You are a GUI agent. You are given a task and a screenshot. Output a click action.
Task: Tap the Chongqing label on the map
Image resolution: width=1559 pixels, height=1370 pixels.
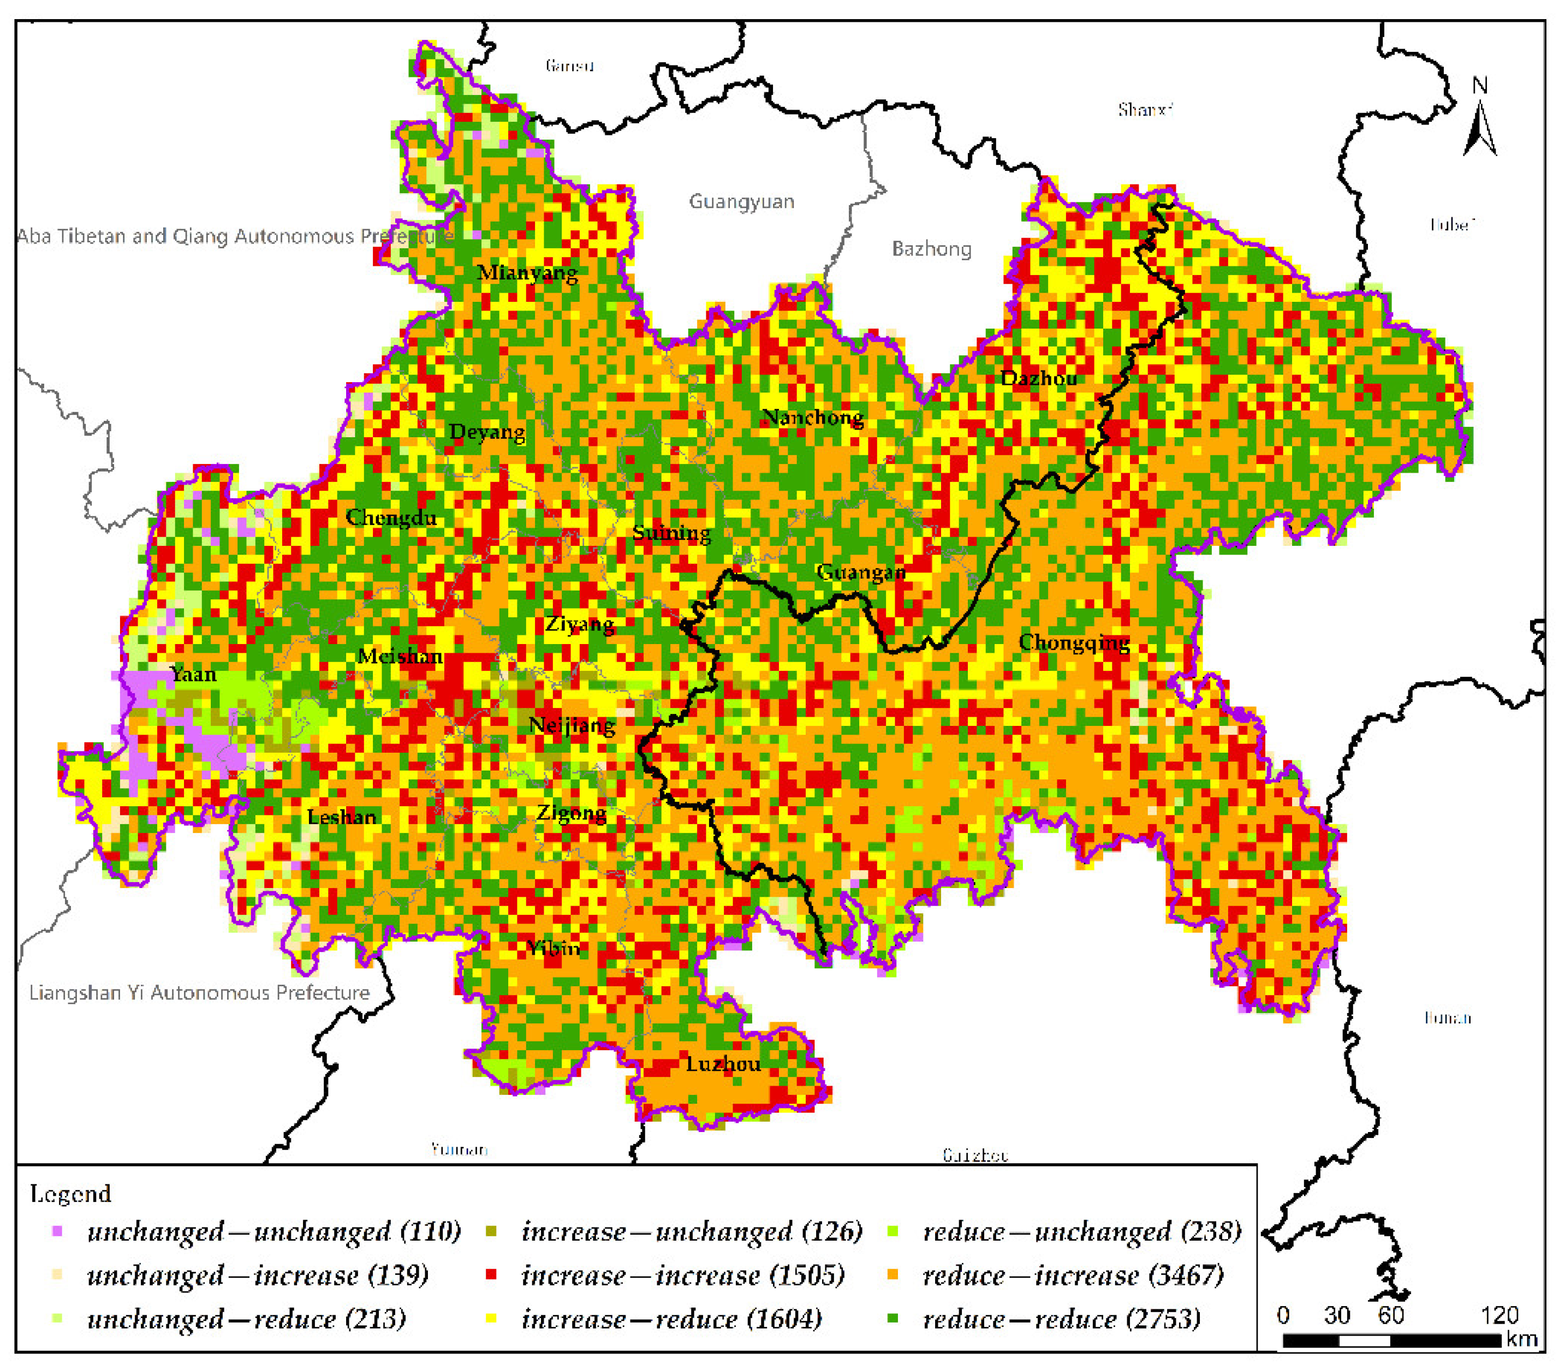1073,642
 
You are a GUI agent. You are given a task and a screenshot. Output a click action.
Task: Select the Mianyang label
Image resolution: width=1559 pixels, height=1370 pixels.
527,272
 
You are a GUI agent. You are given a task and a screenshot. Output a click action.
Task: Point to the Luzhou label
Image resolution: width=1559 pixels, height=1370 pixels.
722,1064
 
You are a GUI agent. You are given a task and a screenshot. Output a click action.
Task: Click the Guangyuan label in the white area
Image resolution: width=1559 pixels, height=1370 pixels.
741,202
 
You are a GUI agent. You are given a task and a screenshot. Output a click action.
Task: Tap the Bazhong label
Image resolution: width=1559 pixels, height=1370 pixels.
931,249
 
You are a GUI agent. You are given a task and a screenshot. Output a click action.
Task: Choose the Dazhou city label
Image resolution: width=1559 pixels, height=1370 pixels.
1038,378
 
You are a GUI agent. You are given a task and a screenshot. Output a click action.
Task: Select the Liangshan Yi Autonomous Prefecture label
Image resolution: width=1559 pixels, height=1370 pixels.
199,992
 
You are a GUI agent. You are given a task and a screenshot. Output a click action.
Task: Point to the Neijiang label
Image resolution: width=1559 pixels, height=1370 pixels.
572,725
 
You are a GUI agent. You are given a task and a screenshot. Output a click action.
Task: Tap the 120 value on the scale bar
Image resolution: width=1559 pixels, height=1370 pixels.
1500,1315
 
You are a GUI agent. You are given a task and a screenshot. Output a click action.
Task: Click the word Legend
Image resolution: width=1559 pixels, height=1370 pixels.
70,1194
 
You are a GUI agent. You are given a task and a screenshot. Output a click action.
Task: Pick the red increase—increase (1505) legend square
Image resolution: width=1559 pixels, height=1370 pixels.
491,1274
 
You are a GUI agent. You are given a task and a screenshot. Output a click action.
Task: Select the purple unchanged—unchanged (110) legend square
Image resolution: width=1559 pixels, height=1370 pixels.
56,1231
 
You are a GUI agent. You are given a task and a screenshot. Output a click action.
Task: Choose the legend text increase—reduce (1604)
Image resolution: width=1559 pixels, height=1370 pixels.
671,1319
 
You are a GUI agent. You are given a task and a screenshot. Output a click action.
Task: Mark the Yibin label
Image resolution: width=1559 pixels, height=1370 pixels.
554,948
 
